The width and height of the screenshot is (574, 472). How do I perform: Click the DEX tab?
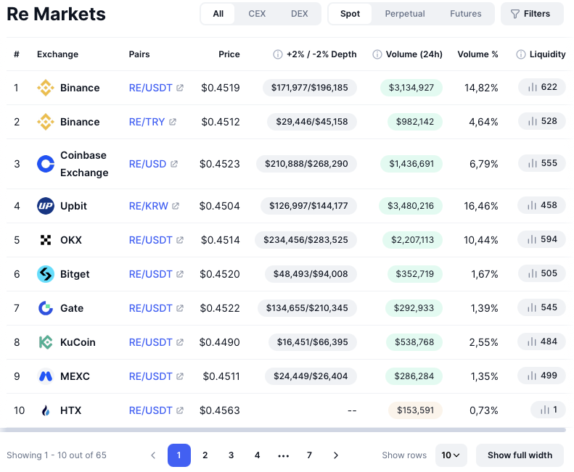pos(299,14)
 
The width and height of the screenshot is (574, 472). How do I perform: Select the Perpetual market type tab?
pos(404,14)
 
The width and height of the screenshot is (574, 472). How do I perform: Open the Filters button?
pos(532,14)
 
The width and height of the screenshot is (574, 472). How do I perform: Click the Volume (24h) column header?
pos(414,54)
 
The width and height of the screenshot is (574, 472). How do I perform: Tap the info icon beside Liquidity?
pos(520,54)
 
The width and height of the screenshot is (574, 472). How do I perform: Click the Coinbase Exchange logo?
pos(46,164)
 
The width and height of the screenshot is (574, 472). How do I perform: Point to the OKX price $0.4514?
pos(221,240)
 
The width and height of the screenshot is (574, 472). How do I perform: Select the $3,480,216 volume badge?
pos(411,206)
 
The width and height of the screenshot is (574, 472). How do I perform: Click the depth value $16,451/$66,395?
pos(312,342)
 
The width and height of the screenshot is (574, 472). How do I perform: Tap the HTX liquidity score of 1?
pos(549,410)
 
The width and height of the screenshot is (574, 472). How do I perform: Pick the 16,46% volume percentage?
pos(481,206)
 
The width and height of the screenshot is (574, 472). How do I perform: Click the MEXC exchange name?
pos(75,376)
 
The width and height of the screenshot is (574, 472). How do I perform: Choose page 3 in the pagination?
pos(231,455)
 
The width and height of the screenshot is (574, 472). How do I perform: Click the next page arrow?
pos(336,455)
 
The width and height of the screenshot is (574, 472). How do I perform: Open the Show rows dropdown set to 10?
pos(451,455)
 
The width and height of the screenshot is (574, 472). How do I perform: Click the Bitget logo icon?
pos(46,274)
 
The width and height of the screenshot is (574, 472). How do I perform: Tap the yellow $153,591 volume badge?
pos(415,410)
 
